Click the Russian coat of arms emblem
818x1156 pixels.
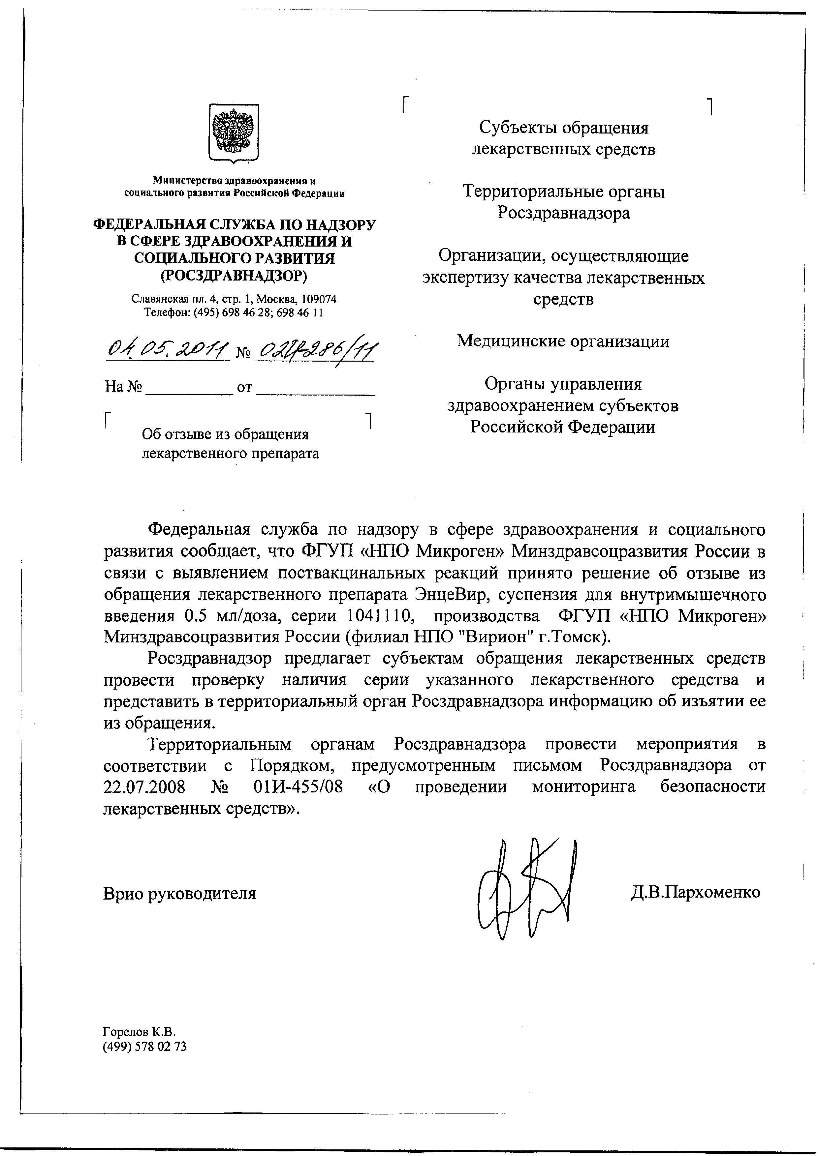(234, 133)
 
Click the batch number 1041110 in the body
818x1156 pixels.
(377, 616)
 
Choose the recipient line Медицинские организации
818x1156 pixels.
(563, 341)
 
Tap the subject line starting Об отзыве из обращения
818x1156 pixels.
(225, 434)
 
